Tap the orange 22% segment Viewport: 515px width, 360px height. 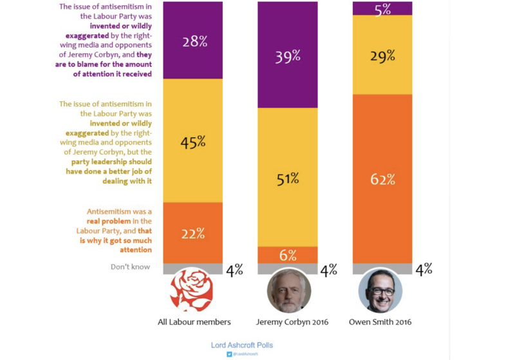tap(192, 232)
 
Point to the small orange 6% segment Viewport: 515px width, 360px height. tap(287, 255)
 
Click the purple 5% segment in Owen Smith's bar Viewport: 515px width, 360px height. tap(382, 8)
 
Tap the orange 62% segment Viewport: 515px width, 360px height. tap(382, 178)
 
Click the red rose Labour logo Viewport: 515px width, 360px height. tap(191, 290)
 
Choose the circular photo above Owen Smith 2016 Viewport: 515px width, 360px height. tap(380, 290)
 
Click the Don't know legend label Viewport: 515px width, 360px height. tap(131, 267)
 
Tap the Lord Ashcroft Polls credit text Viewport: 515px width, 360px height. tap(241, 345)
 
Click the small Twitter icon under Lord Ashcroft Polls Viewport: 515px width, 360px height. tap(229, 354)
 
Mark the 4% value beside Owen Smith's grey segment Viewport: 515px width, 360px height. tap(423, 270)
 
